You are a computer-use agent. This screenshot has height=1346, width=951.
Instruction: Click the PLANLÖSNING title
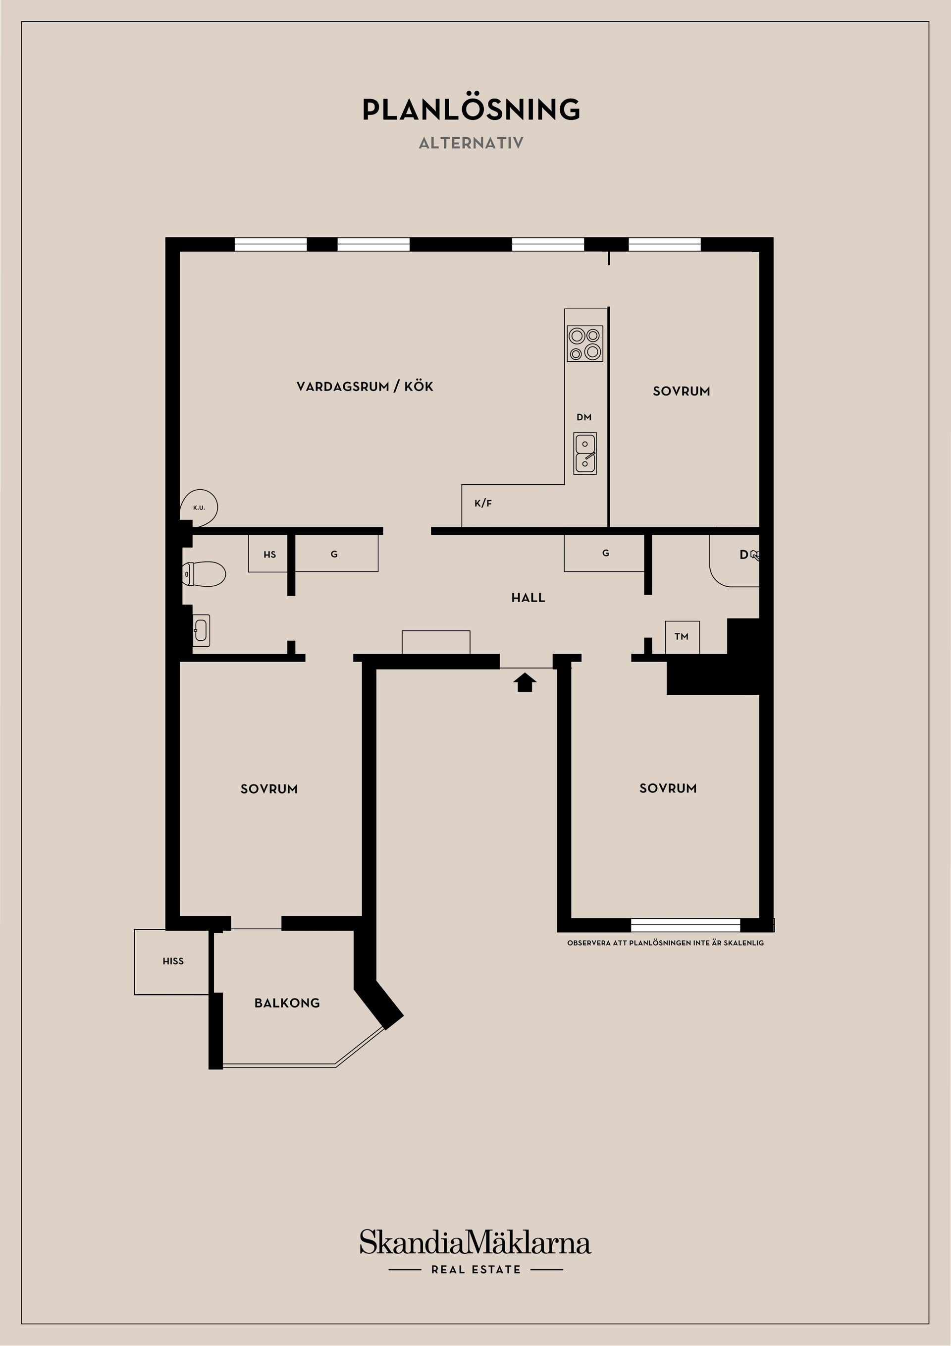pos(471,110)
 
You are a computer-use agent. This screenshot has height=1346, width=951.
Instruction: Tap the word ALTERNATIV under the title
pos(471,143)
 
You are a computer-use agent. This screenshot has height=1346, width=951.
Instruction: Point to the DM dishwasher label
pos(583,417)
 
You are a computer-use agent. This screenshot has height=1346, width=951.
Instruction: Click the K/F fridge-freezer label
pos(483,503)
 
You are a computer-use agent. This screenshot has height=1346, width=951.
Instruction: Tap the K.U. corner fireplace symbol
pos(199,507)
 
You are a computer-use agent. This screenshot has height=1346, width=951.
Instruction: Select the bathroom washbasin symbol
pos(201,630)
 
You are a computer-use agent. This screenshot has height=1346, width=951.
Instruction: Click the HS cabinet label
pos(269,554)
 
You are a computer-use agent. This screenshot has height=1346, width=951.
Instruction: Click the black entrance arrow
pos(525,682)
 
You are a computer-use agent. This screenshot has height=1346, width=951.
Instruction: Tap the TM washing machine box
pos(682,637)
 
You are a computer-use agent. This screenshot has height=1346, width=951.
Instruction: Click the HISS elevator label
pos(173,961)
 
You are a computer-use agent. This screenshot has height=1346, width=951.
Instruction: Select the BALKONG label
pos(287,1003)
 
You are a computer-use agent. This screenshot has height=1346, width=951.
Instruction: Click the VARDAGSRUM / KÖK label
pos(365,387)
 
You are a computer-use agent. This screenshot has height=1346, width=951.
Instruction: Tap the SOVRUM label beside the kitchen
pos(682,391)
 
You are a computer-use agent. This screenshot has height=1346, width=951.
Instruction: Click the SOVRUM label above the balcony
pos(269,789)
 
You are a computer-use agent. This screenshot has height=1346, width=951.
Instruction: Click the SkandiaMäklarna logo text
pos(475,1243)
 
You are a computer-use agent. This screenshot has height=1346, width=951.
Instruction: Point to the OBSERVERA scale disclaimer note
pos(665,943)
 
